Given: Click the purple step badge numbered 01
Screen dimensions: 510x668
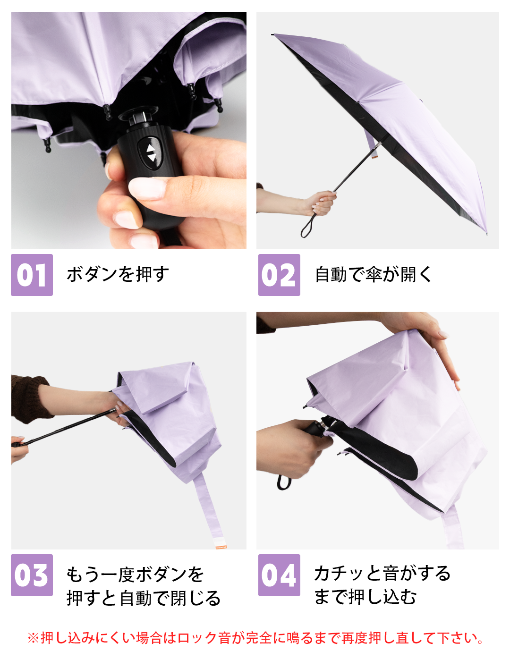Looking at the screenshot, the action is [32, 274].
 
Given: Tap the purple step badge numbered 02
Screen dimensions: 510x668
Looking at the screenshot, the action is [279, 274].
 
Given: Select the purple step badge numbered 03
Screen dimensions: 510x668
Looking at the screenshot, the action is [32, 575].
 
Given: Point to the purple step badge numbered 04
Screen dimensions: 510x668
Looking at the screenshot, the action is [279, 575].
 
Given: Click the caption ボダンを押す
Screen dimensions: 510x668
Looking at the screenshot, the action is [118, 274].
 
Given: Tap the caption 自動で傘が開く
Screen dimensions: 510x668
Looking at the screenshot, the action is [373, 274].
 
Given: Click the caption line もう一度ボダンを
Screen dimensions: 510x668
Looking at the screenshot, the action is [135, 575].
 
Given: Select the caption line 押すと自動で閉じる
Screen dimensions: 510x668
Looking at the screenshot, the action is [144, 598].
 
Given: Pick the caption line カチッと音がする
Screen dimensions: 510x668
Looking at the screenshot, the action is [382, 574].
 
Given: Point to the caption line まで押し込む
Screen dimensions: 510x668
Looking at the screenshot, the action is [365, 597].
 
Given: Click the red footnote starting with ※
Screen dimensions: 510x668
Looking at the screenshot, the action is [255, 638].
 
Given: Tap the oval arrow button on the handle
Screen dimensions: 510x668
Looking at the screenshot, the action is [150, 153].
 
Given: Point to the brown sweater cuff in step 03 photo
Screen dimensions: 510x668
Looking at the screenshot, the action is [30, 398].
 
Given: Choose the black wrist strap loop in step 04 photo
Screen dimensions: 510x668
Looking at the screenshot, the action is [283, 482].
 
